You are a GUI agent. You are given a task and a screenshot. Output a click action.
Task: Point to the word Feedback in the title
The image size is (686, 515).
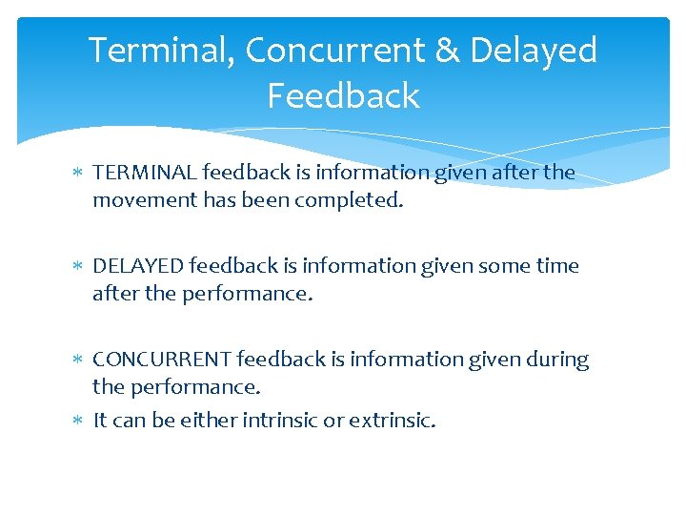[343, 96]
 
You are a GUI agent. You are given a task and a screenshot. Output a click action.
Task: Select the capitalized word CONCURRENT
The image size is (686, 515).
[161, 360]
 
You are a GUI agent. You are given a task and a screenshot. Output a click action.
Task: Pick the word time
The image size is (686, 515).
[557, 266]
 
